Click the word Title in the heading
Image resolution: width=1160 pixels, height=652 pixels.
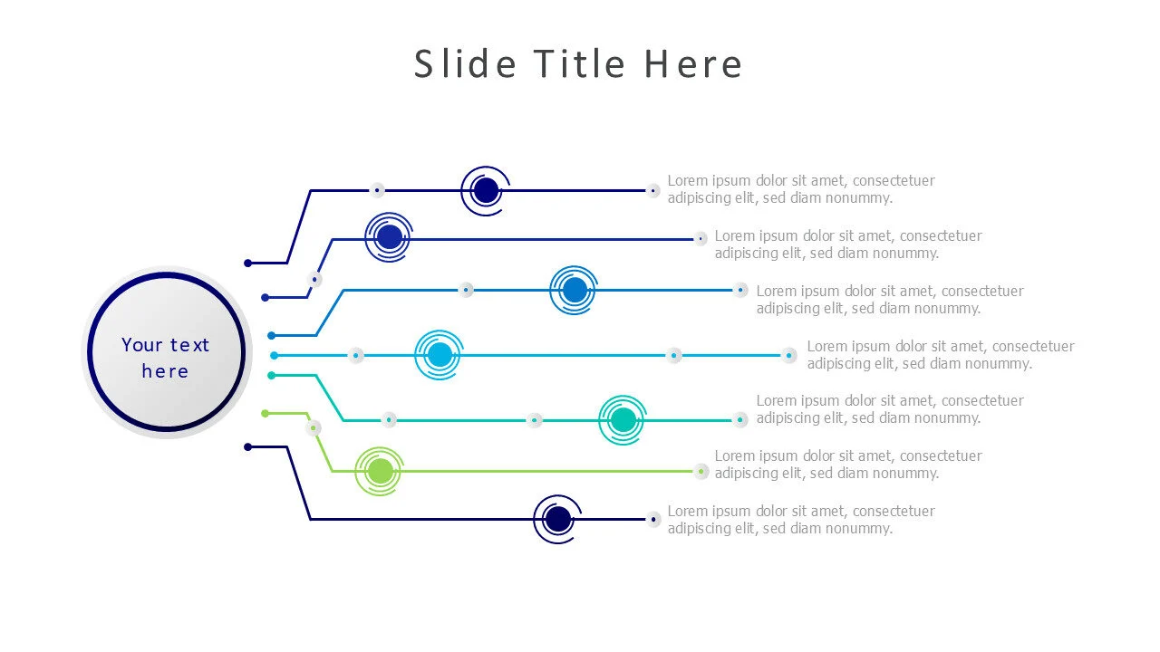pos(580,63)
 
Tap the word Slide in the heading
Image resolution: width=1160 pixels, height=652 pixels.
pos(465,63)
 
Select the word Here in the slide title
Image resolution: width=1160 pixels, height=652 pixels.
pos(693,63)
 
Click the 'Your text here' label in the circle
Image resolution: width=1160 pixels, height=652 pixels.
pos(165,358)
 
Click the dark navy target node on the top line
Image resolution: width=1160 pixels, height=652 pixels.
pos(485,191)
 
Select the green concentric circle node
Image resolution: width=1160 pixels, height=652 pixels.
pos(380,472)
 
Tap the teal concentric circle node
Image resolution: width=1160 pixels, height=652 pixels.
pos(623,420)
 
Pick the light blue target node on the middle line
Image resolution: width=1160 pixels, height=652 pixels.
pos(440,355)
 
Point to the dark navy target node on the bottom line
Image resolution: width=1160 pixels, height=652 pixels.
pos(557,519)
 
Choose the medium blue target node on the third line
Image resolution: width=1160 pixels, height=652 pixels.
pos(574,291)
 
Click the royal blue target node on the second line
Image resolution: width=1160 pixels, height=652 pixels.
pos(389,237)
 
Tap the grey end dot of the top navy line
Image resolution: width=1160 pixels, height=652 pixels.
pos(653,191)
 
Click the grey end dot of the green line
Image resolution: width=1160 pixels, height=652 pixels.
pos(701,472)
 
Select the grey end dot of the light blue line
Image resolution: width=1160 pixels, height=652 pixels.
pos(788,356)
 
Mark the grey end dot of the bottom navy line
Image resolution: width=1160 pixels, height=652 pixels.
pos(653,519)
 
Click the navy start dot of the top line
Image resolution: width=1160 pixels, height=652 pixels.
pos(248,264)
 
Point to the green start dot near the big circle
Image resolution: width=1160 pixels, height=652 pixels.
pos(266,414)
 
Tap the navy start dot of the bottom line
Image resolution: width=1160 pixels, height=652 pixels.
pos(248,447)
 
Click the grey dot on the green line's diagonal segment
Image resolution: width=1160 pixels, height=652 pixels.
pos(313,428)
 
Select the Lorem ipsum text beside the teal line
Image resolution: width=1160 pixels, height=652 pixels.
pos(890,409)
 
